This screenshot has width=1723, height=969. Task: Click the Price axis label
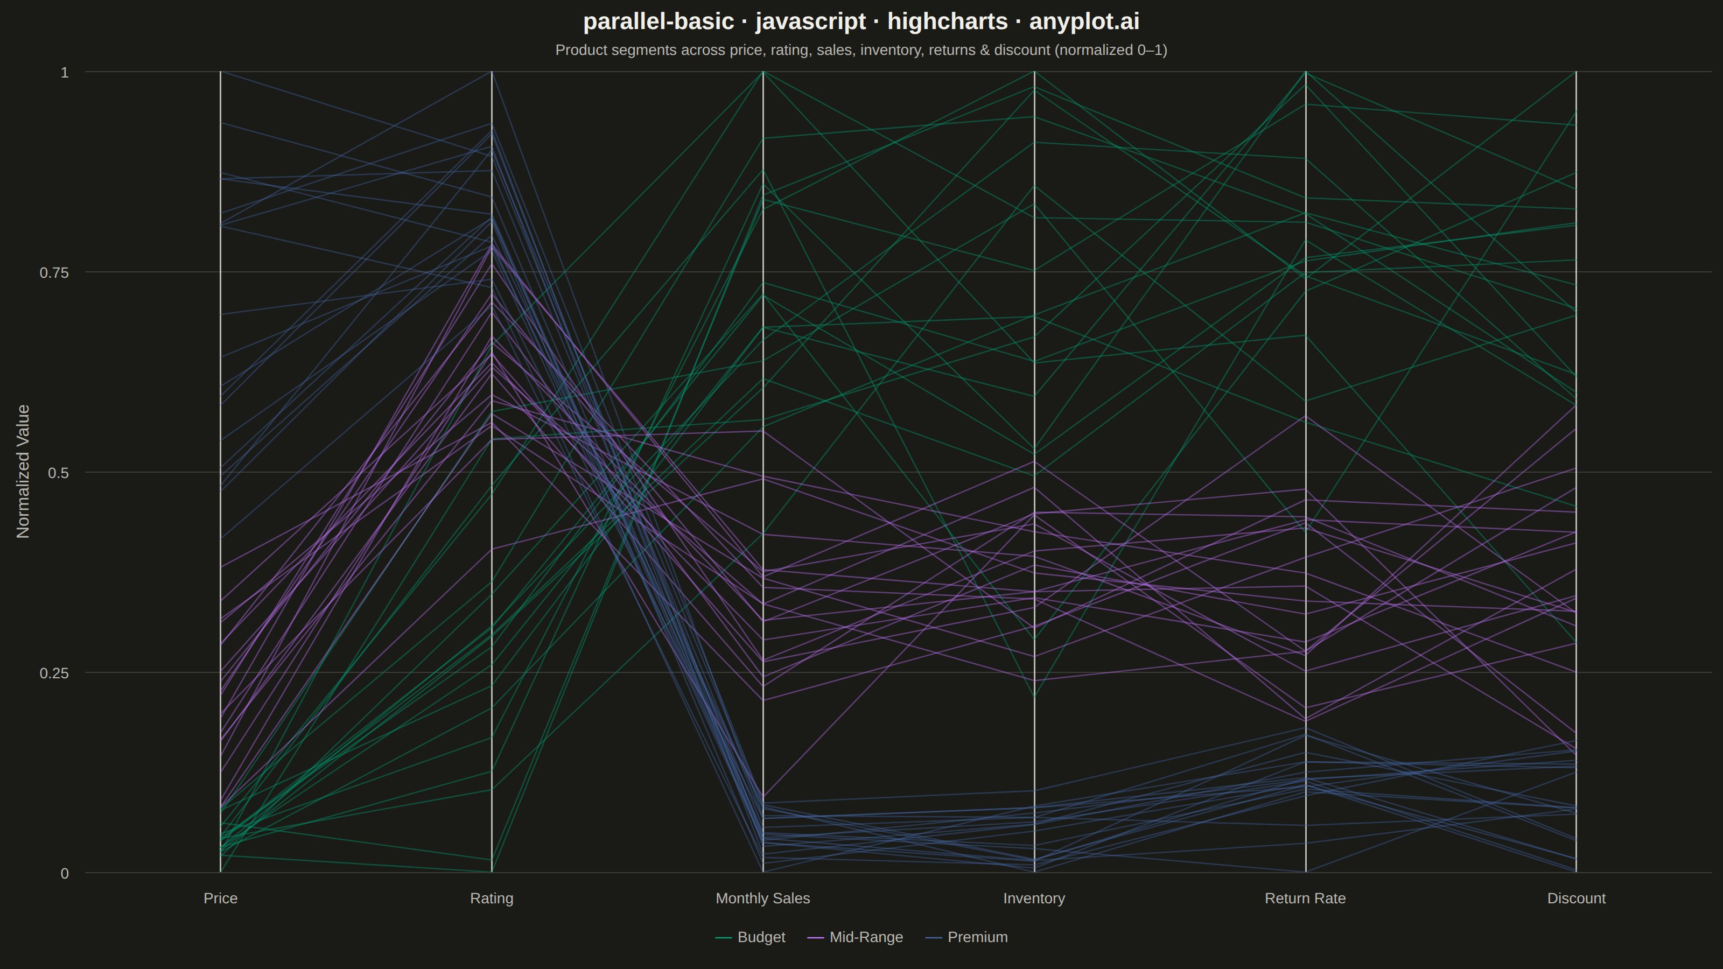[220, 898]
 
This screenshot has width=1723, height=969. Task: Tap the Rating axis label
[492, 898]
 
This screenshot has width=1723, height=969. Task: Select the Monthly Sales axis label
[762, 898]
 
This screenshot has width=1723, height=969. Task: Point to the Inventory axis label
[1034, 898]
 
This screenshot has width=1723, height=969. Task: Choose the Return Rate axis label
[1305, 898]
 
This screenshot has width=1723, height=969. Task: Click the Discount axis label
[1576, 898]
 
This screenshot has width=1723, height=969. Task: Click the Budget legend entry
[751, 937]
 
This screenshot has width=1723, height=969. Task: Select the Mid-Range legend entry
[855, 937]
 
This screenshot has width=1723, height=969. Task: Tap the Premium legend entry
[966, 937]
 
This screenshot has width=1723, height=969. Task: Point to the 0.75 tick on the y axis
[54, 272]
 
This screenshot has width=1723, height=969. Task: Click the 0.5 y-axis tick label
[58, 473]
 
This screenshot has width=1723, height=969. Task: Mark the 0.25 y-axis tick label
[54, 673]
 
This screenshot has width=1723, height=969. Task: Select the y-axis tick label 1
[65, 72]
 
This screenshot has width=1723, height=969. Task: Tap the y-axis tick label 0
[65, 873]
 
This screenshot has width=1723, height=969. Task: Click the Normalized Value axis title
[23, 472]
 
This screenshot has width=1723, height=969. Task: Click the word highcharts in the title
[947, 22]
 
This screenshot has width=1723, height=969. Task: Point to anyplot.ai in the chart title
[1084, 22]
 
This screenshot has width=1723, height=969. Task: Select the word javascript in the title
[811, 22]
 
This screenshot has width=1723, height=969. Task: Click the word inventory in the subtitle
[887, 50]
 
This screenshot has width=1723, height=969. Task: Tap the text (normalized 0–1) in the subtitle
[1111, 50]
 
